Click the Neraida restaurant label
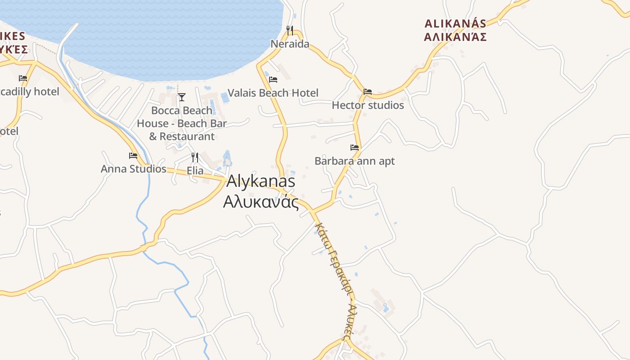[290, 44]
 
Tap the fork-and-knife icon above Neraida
[290, 31]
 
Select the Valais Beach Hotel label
[273, 93]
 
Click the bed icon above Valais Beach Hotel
[273, 80]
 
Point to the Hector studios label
[368, 105]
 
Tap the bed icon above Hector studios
[368, 92]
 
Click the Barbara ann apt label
[355, 161]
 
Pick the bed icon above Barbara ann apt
[355, 147]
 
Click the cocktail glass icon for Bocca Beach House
[182, 97]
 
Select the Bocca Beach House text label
[182, 123]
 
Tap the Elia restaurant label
[195, 171]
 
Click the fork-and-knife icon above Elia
[195, 157]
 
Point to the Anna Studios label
[133, 169]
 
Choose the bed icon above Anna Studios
[133, 156]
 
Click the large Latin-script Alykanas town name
[261, 181]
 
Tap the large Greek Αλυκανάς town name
[261, 202]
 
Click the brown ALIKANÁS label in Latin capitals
[455, 24]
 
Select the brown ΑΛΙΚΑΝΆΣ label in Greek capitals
[455, 37]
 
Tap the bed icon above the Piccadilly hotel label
[23, 78]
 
